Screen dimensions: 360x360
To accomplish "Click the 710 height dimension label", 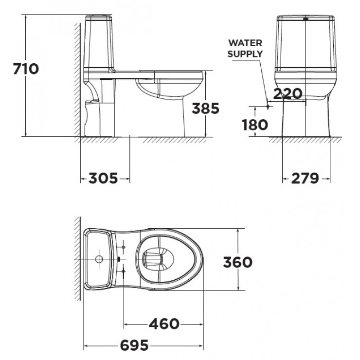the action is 26,69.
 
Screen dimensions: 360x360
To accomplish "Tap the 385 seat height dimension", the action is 205,108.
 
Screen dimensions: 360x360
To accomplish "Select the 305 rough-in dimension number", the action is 103,178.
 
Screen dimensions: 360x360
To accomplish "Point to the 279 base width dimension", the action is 305,179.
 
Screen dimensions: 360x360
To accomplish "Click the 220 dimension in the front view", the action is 288,93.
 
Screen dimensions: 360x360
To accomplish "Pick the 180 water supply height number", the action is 255,125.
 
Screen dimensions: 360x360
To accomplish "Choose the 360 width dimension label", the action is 237,262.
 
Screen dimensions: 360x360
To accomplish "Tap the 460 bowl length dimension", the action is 164,324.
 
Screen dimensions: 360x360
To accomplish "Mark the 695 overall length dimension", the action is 135,345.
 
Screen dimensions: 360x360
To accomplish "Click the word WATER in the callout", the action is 245,43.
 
